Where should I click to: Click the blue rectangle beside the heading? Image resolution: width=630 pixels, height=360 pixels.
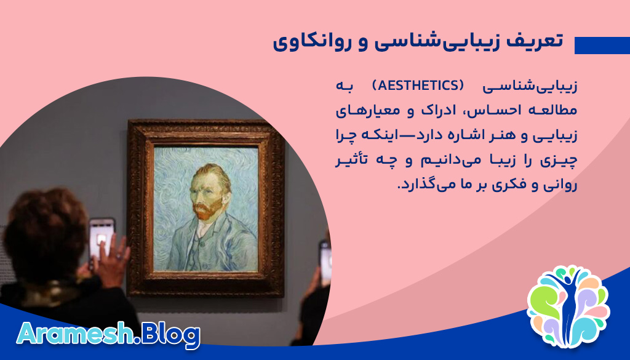[x=602, y=46]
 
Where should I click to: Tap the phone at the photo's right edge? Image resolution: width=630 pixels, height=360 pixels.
[x=325, y=262]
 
